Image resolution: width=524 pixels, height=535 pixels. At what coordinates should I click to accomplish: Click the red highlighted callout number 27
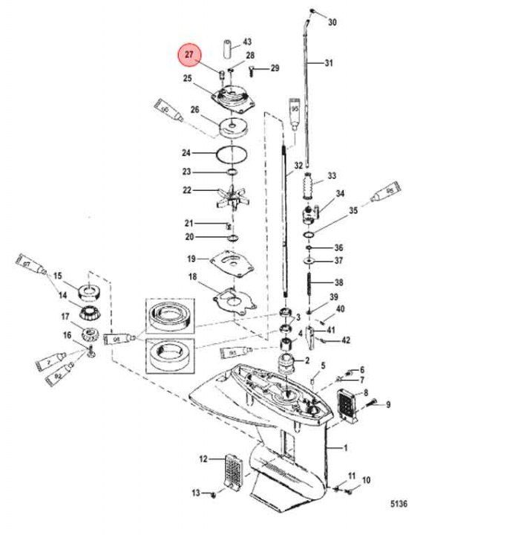[189, 54]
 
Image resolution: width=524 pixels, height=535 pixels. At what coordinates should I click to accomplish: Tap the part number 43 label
[247, 42]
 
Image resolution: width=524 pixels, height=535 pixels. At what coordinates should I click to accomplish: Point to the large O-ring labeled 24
[231, 155]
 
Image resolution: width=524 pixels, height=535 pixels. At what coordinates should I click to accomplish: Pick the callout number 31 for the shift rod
[330, 64]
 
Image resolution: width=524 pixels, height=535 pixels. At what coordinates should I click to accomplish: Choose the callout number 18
[193, 277]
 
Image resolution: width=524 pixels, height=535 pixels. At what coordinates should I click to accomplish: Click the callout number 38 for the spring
[338, 282]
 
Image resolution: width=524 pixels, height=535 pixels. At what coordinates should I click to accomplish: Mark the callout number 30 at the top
[332, 22]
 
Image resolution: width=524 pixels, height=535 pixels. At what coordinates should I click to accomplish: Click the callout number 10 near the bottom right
[366, 481]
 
